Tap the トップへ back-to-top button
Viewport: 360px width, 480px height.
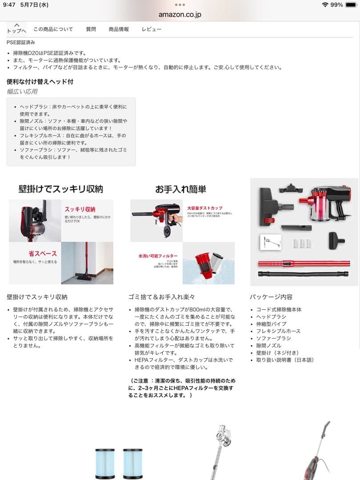pyautogui.click(x=16, y=28)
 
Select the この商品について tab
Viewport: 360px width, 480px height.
pyautogui.click(x=53, y=29)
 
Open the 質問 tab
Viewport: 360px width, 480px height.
pyautogui.click(x=91, y=29)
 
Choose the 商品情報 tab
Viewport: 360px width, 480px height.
pyautogui.click(x=119, y=29)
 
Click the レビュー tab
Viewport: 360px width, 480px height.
pyautogui.click(x=152, y=29)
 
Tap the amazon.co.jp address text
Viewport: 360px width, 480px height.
pyautogui.click(x=180, y=15)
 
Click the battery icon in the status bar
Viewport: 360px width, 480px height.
pyautogui.click(x=351, y=5)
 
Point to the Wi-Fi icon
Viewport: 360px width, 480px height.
pyautogui.click(x=325, y=5)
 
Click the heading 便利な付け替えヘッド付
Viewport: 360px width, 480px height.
pyautogui.click(x=40, y=82)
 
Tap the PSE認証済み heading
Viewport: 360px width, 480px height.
pyautogui.click(x=21, y=43)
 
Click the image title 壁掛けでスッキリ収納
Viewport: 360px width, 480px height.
pyautogui.click(x=60, y=189)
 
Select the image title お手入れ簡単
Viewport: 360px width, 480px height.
pyautogui.click(x=180, y=189)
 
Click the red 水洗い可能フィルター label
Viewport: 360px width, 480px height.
pyautogui.click(x=158, y=256)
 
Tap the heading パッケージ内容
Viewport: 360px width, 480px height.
pyautogui.click(x=271, y=297)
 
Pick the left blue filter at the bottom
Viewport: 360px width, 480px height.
pyautogui.click(x=105, y=463)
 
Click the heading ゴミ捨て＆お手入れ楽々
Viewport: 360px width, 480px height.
pyautogui.click(x=161, y=297)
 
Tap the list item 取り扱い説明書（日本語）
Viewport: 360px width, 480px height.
pyautogui.click(x=285, y=360)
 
